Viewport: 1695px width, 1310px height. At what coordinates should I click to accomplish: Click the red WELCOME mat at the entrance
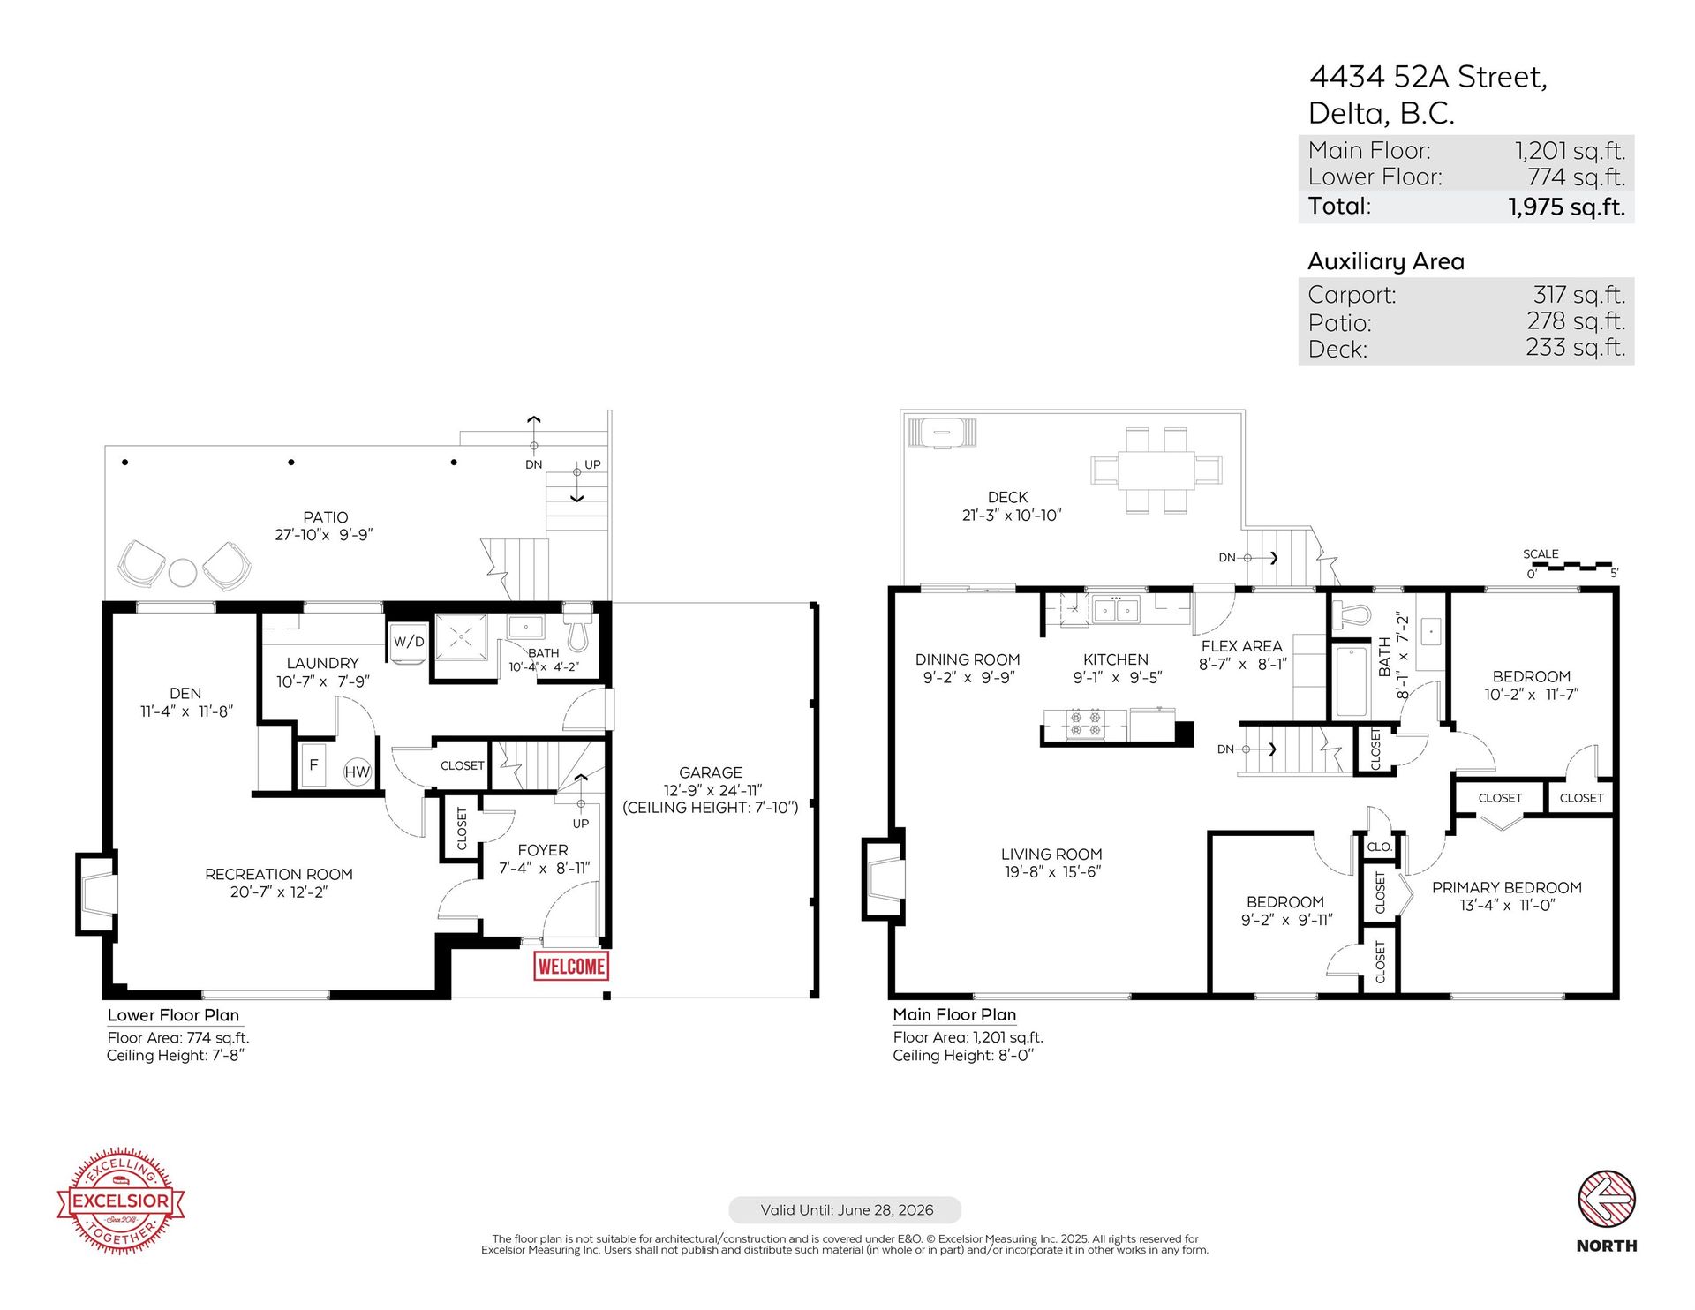click(x=571, y=966)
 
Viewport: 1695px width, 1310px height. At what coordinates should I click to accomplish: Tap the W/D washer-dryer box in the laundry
click(x=408, y=643)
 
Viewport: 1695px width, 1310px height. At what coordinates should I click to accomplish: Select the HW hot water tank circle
click(x=358, y=772)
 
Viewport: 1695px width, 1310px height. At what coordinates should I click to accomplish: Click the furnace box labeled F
click(x=313, y=765)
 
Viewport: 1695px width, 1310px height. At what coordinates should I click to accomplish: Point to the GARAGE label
click(x=710, y=772)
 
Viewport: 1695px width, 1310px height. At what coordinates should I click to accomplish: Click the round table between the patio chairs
click(x=183, y=572)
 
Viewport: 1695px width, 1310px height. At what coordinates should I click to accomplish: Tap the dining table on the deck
click(x=1156, y=470)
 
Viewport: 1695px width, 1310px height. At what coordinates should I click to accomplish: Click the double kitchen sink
click(x=1115, y=609)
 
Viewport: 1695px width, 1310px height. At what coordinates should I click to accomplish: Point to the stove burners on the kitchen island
click(x=1086, y=724)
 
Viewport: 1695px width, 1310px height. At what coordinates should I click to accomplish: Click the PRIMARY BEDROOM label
click(x=1506, y=887)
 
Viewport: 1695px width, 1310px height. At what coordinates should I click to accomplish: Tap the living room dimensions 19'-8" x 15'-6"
click(x=1051, y=872)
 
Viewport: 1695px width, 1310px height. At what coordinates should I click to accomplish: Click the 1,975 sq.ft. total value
click(x=1565, y=207)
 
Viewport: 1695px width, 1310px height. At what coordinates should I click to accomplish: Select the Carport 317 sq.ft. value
click(x=1578, y=294)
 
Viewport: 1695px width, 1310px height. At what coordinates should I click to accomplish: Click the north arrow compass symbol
click(x=1606, y=1199)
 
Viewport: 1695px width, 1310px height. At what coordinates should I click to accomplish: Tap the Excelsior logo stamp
click(x=121, y=1201)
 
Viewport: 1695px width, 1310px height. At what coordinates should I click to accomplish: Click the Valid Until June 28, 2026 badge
click(x=845, y=1209)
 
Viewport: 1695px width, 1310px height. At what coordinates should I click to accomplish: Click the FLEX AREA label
click(x=1240, y=646)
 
